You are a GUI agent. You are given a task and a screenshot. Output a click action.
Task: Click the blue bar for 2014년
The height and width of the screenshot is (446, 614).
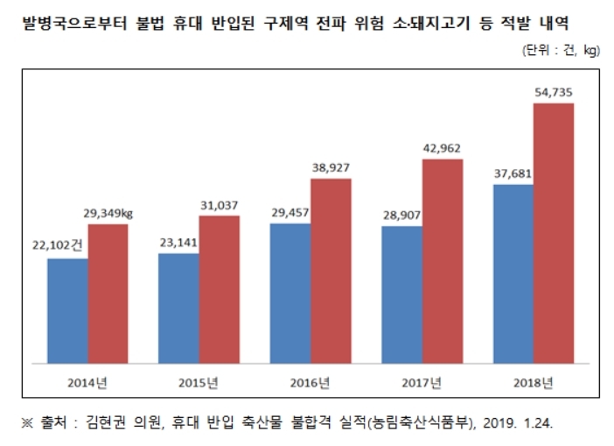coord(67,310)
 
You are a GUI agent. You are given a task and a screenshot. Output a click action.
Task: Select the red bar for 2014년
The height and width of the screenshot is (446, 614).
coord(108,293)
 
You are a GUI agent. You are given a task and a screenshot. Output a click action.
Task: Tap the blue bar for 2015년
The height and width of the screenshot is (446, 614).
coord(178,308)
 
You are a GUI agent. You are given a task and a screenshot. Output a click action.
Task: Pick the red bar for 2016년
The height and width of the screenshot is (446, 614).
coord(331,271)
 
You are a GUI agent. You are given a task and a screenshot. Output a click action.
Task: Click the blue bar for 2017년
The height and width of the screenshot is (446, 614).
coord(401,295)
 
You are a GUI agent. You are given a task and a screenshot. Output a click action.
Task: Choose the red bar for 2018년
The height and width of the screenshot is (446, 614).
coord(554,233)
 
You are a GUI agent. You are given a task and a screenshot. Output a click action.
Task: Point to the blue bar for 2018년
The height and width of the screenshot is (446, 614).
coord(513,273)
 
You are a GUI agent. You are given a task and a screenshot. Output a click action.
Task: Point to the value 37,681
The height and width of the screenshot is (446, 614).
coord(513,173)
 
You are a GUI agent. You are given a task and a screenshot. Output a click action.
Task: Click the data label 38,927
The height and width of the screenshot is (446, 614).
coord(330,166)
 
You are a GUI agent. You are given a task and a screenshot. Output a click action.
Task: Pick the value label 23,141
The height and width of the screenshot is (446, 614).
coord(178,243)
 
